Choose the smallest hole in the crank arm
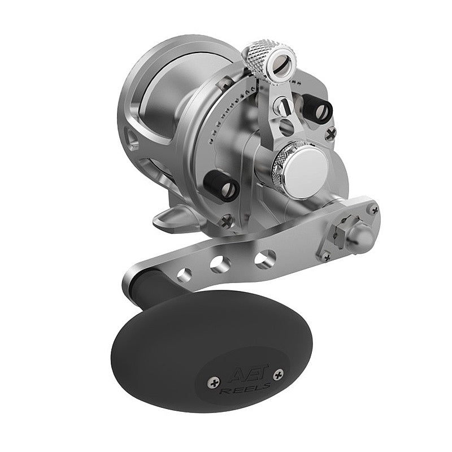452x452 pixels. coord(183,275)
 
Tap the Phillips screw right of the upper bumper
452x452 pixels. coord(331,133)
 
